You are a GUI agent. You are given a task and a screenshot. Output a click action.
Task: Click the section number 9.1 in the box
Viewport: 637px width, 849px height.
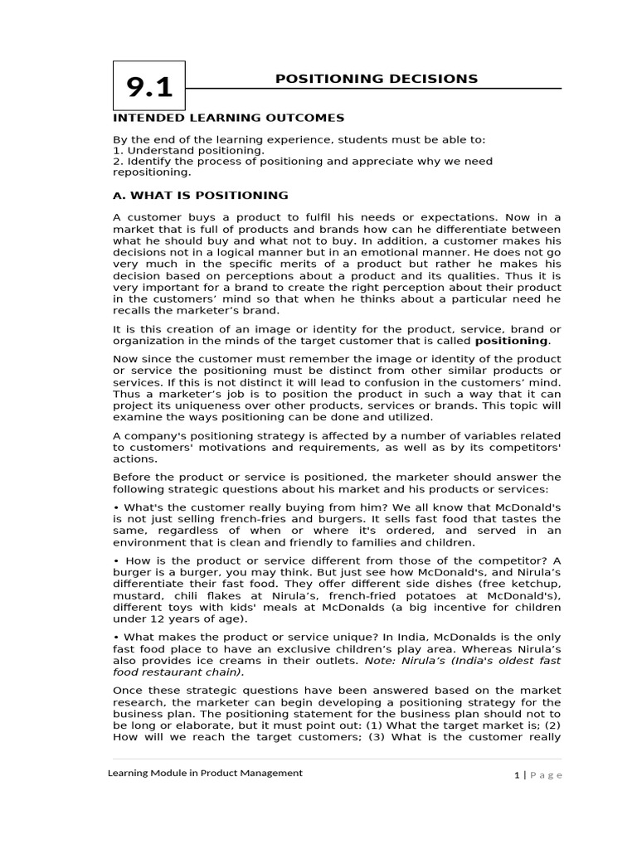coord(149,88)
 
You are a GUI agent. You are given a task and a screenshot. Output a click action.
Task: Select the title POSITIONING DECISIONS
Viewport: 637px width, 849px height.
coord(377,79)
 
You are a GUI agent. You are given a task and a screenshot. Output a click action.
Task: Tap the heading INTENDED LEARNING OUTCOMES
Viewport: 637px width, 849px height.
coord(228,119)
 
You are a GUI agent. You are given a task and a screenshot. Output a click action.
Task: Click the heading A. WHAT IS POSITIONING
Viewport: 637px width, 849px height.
coord(201,196)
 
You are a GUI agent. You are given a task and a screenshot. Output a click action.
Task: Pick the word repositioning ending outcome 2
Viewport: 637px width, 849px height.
coord(151,172)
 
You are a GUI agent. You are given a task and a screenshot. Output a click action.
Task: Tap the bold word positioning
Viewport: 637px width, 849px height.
coord(511,341)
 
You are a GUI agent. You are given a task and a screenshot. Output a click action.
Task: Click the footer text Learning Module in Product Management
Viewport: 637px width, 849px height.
coord(206,773)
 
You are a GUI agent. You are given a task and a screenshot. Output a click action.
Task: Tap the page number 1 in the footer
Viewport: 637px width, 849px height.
coord(516,774)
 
